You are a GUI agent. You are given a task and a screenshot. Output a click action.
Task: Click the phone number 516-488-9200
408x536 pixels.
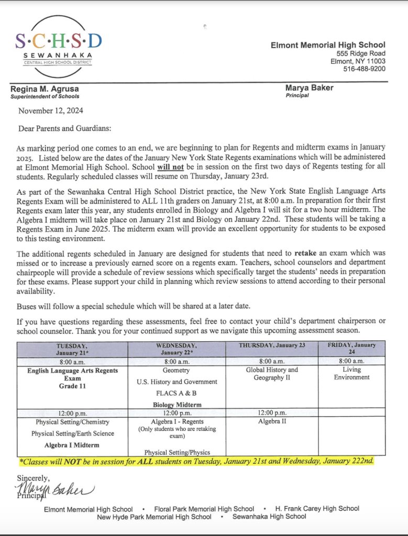(364, 69)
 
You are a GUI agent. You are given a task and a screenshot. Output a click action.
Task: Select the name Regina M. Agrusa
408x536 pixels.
(46, 88)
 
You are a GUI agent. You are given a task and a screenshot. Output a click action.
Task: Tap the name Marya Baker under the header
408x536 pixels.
(310, 87)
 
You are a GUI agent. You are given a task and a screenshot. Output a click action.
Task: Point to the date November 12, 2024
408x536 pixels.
(51, 110)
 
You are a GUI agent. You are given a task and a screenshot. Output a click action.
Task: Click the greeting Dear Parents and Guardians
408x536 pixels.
(65, 128)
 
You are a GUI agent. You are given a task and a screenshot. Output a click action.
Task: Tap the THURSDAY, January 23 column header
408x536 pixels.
(271, 345)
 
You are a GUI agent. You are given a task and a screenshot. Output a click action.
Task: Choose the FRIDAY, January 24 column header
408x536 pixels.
(351, 349)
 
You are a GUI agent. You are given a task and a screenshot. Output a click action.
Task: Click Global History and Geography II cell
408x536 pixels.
(272, 374)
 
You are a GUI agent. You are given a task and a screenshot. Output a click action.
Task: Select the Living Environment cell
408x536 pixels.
(351, 373)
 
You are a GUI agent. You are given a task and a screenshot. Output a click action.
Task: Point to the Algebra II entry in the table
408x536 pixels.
(272, 421)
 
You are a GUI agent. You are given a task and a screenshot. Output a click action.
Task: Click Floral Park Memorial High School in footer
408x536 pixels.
(204, 508)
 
